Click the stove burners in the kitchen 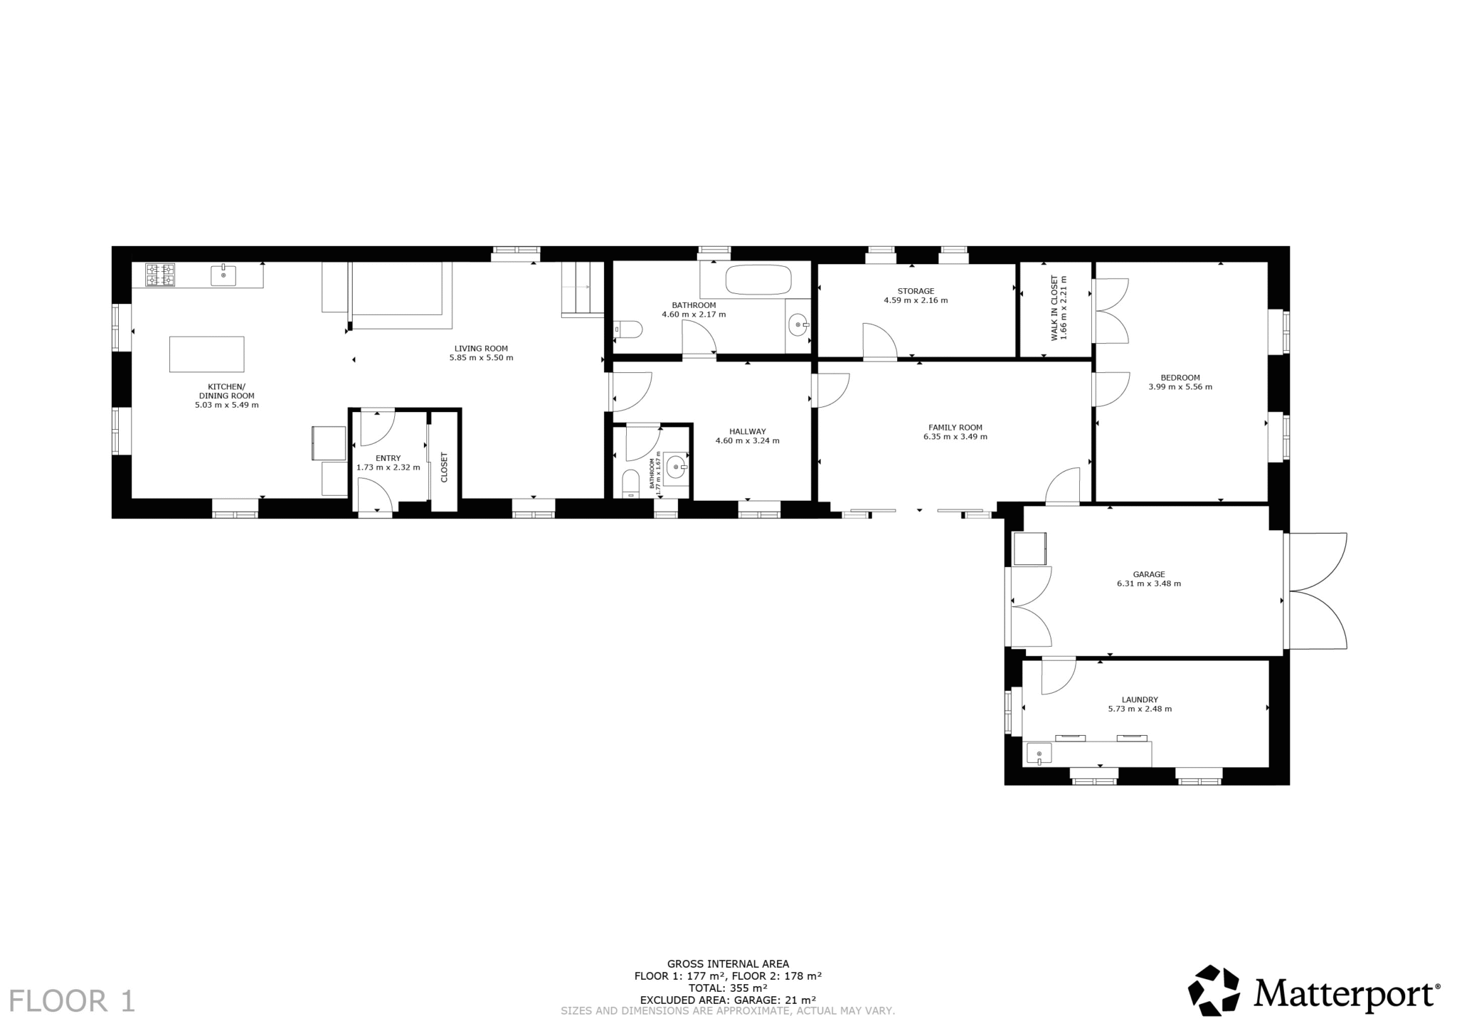[x=160, y=275]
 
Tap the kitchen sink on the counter [x=223, y=275]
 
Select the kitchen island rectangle [x=206, y=354]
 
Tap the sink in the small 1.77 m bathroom [x=677, y=467]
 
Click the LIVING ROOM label [x=481, y=349]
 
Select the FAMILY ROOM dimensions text [x=955, y=437]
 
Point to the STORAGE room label [x=916, y=291]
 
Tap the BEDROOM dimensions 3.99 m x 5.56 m [x=1180, y=387]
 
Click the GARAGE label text [x=1149, y=574]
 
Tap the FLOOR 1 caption [x=71, y=1000]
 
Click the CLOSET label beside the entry [x=445, y=467]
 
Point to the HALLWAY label [x=747, y=431]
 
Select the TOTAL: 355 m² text [x=728, y=988]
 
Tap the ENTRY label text [x=388, y=458]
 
